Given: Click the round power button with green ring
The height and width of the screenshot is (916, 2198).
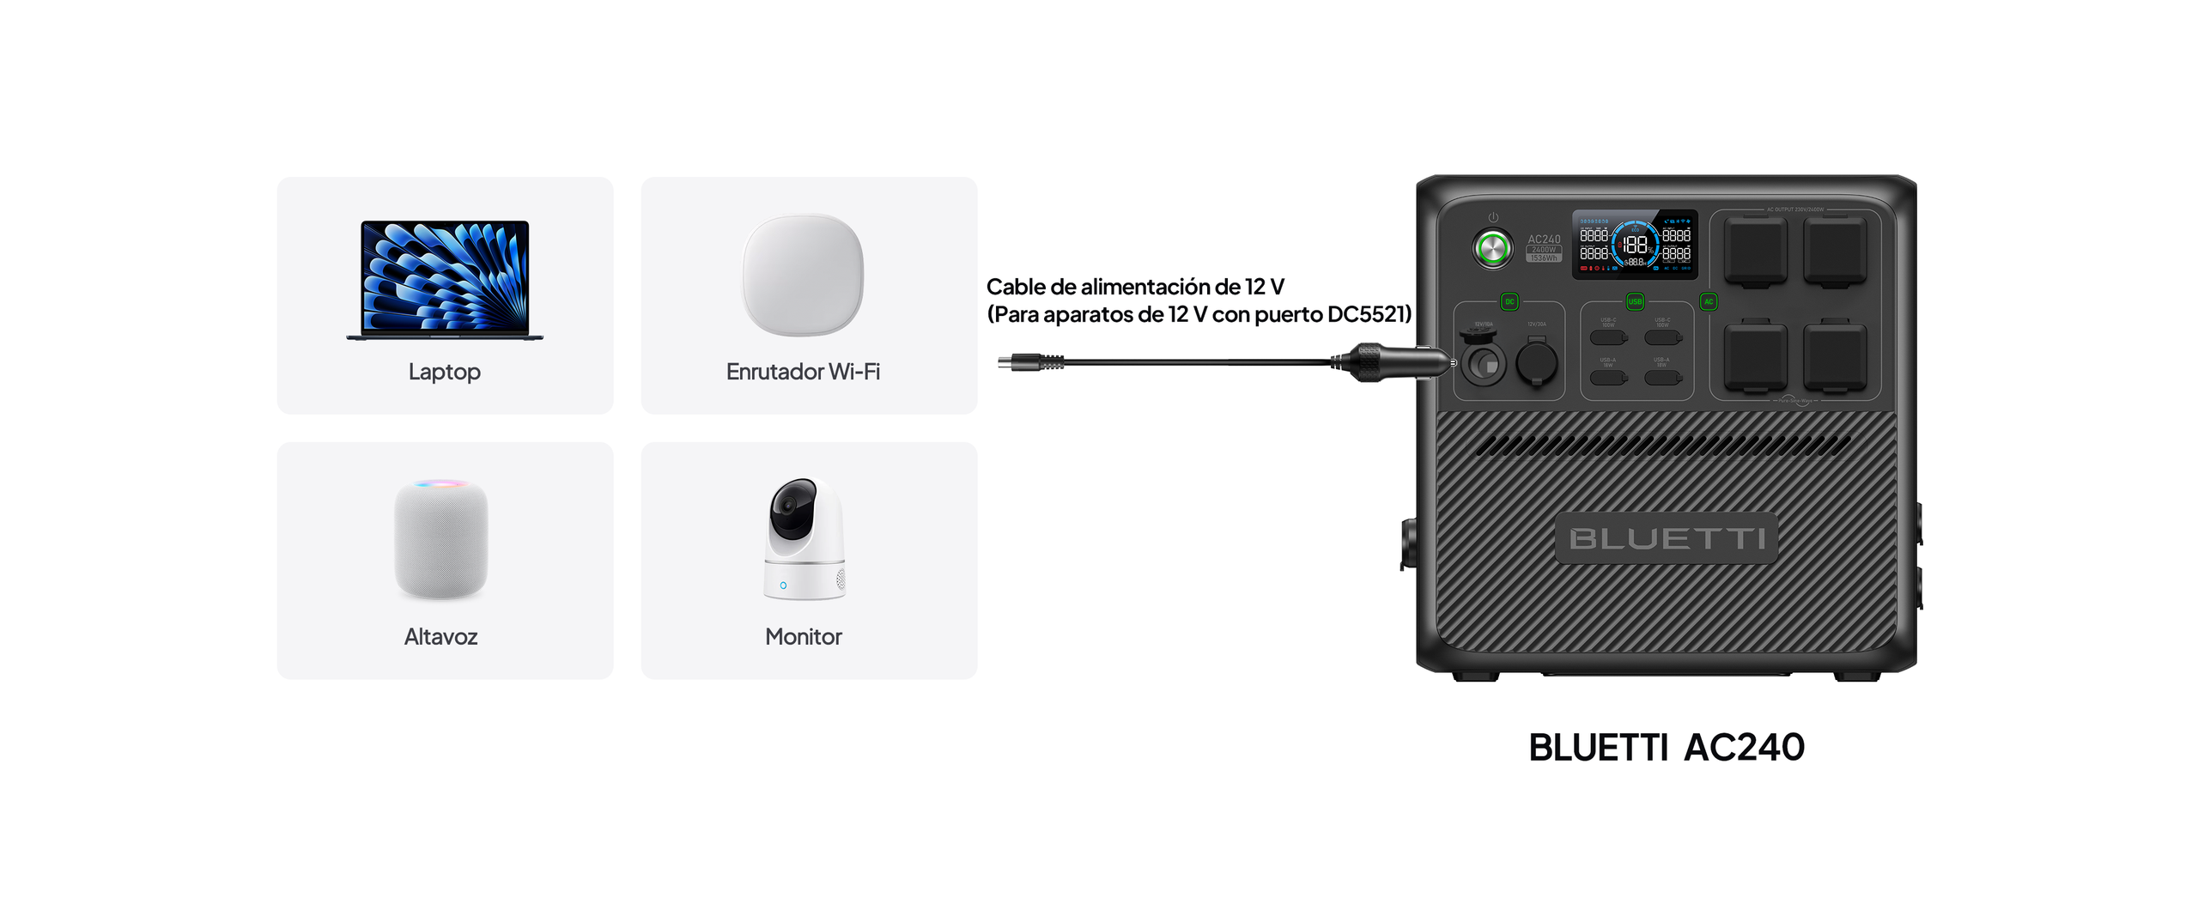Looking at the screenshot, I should point(1492,248).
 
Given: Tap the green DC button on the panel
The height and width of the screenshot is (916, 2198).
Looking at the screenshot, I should point(1509,301).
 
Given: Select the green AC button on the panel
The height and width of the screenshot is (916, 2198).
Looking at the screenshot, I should point(1709,301).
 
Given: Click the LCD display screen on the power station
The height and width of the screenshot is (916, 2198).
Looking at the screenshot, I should point(1634,245).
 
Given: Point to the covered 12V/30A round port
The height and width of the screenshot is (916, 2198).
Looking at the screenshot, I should point(1537,361).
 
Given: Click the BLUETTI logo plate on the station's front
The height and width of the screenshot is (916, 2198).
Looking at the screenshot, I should point(1667,538).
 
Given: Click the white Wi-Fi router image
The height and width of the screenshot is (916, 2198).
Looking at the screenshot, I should point(803,275).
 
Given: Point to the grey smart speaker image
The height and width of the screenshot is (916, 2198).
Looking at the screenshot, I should point(441,538).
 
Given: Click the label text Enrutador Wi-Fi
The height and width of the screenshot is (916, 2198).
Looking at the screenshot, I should point(803,372).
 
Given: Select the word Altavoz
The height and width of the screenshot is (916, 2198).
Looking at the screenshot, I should point(440,637).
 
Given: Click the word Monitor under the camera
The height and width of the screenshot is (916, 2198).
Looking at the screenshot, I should point(803,637).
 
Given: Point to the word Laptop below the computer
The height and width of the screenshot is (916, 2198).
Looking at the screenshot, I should point(444,372).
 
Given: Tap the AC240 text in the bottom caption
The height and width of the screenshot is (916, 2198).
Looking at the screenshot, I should point(1744,748).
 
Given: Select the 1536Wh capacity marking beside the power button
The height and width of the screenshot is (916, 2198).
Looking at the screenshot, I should point(1544,258).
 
